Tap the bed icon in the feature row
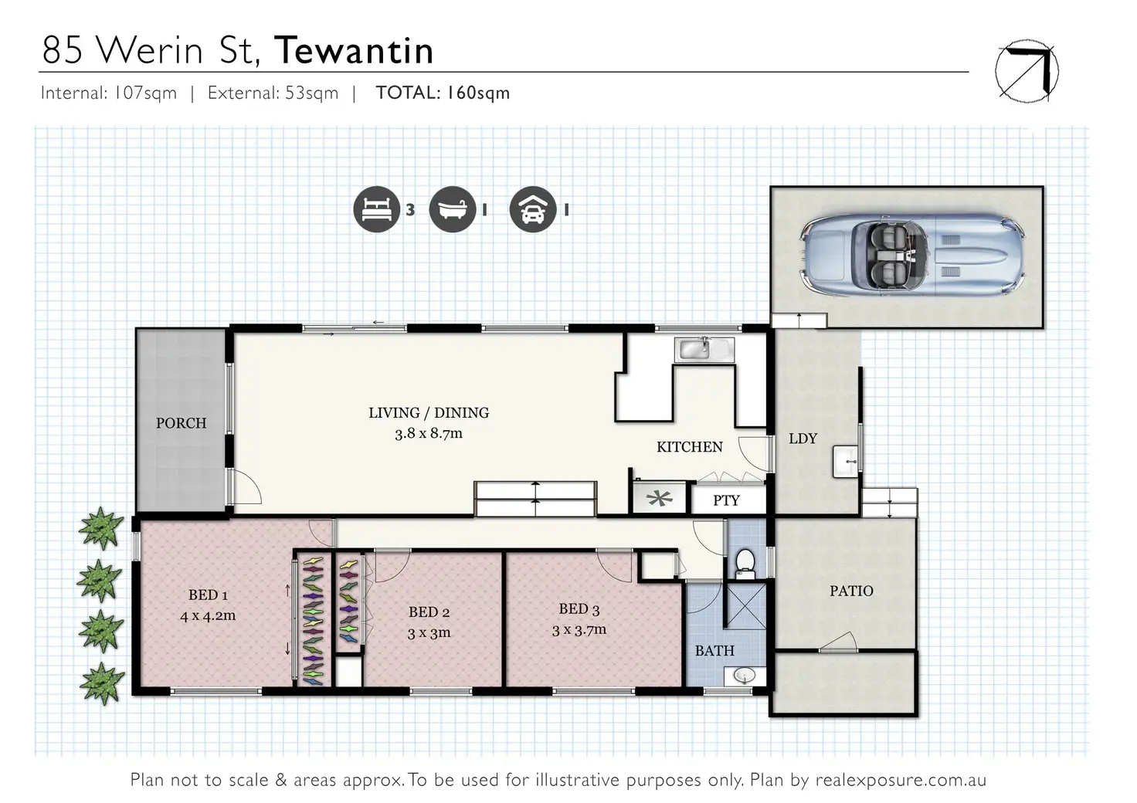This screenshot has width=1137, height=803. coord(376,209)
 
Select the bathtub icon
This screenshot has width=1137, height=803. coord(453,209)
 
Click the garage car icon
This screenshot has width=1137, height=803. coord(533,209)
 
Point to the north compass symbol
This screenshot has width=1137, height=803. coord(1027,70)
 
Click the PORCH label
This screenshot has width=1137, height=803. coord(182,423)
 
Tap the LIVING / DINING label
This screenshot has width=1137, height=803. coord(429,413)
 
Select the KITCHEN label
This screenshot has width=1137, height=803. coord(690,447)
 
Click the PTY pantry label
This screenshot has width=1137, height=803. coord(726,500)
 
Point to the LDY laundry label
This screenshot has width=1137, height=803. coord(803,439)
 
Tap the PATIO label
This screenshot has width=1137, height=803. coord(851,591)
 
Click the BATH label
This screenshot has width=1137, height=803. coord(714,651)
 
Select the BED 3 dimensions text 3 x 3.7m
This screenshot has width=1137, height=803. coord(579,630)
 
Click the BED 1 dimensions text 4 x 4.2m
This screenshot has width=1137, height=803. coord(208,616)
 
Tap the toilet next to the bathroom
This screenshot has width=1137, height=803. coord(746,562)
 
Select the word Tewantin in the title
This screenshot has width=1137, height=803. coord(354,50)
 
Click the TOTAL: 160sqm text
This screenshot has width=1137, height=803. coord(443,93)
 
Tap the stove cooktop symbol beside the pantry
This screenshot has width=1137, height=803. coord(660,499)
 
